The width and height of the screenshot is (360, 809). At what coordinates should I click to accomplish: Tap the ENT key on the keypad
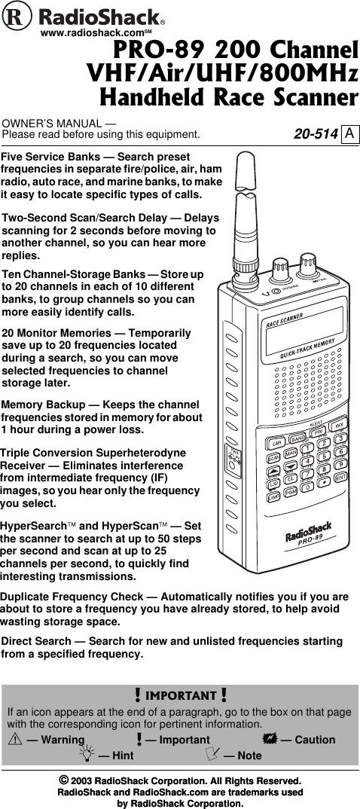(x=340, y=477)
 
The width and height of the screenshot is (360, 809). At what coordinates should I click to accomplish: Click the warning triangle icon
(x=14, y=740)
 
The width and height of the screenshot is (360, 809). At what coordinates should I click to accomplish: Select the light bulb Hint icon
(x=90, y=756)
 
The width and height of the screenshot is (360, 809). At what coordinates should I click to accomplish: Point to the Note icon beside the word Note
(x=212, y=756)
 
